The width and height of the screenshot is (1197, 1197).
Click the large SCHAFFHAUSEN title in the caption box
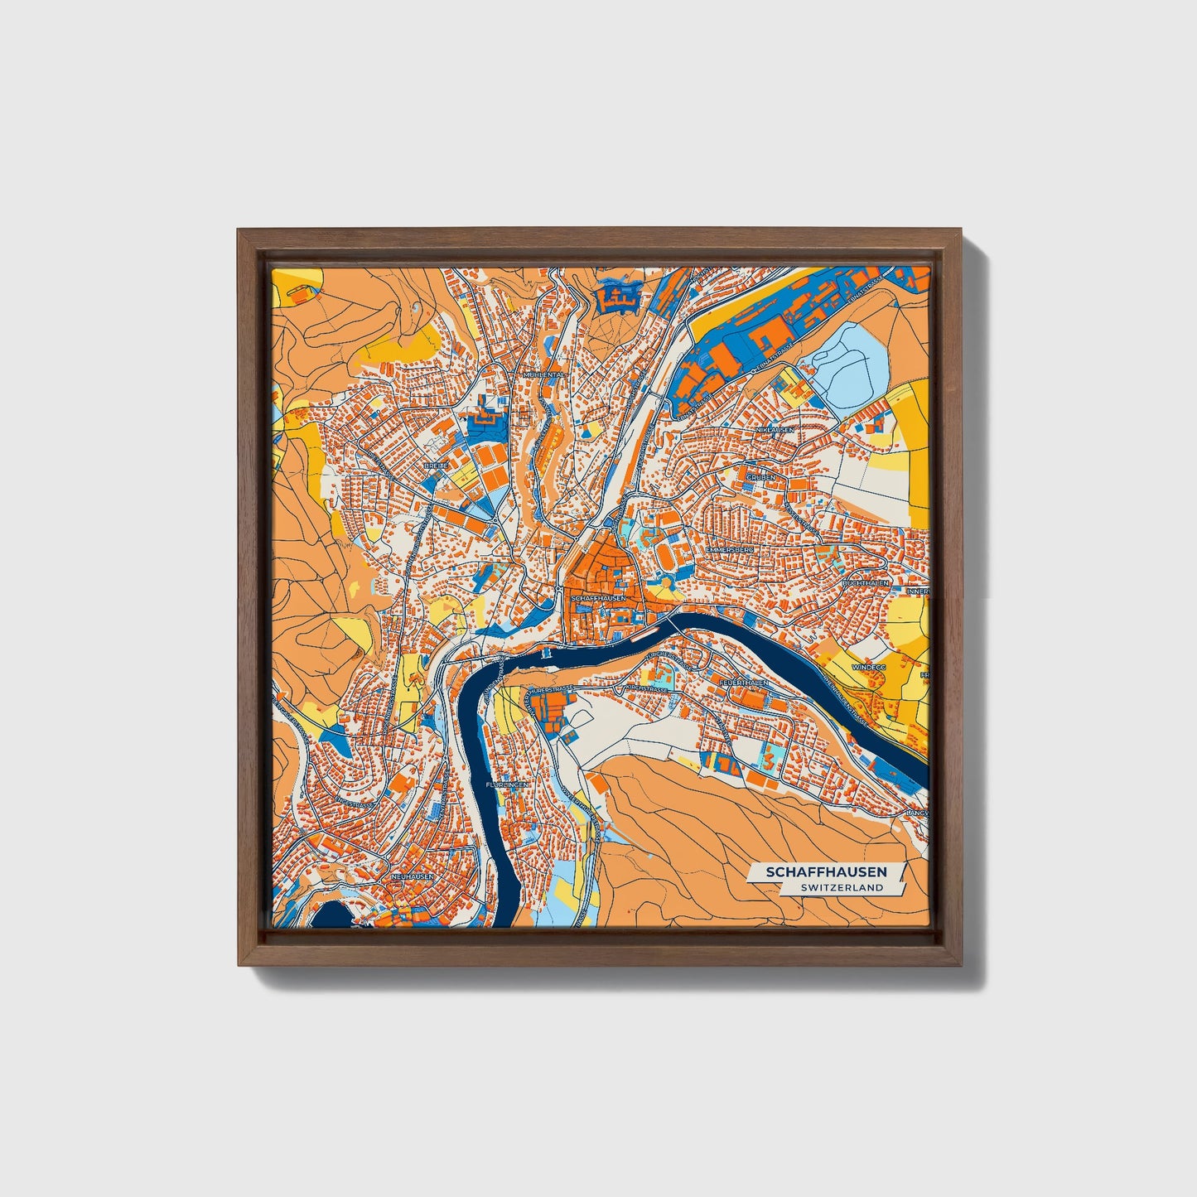click(826, 872)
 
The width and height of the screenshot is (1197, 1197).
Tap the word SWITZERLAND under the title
click(842, 887)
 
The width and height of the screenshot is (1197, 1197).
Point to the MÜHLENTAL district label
click(543, 374)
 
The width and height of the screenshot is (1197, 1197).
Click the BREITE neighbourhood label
click(436, 466)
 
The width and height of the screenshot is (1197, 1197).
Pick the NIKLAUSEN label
click(775, 430)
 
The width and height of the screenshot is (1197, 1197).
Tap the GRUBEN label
click(760, 478)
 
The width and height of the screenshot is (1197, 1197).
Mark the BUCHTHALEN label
click(865, 583)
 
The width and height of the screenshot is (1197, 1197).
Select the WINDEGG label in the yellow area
click(867, 665)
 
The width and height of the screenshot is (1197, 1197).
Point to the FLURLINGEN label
click(506, 784)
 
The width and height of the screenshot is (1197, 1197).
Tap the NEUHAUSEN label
click(412, 876)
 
